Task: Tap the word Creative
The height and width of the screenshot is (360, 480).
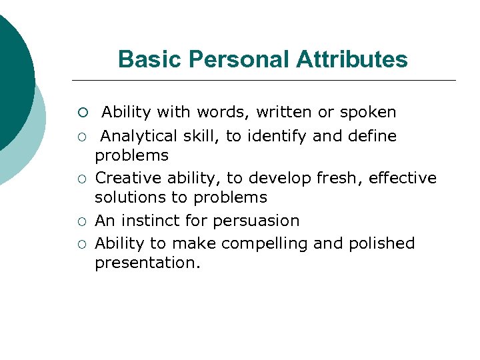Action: coord(127,179)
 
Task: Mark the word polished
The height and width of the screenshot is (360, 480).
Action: coord(381,244)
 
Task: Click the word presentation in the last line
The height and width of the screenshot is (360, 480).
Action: coord(147,263)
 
